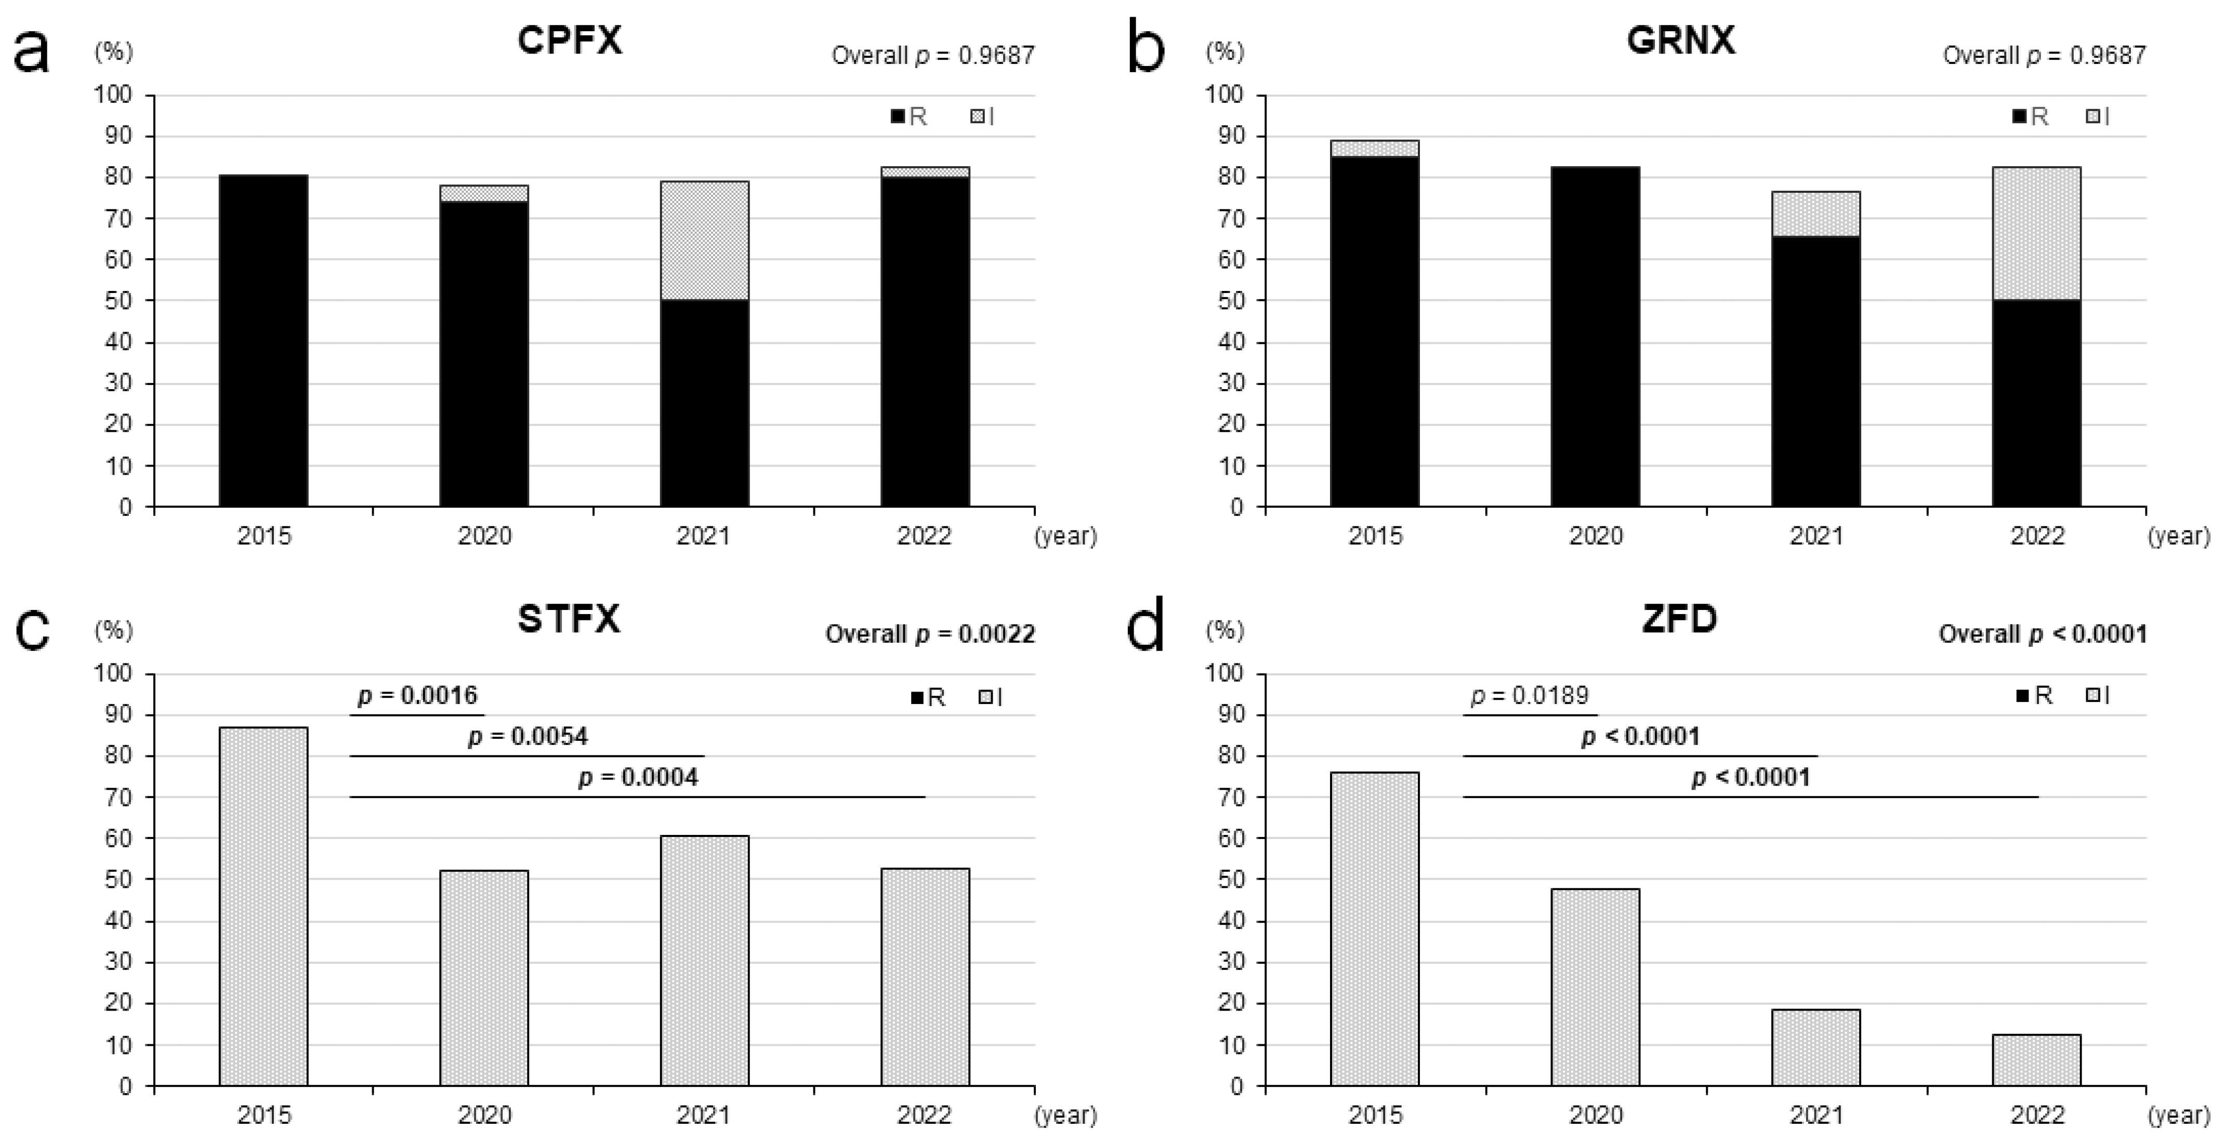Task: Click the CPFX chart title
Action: point(569,41)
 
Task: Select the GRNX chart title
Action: point(1680,41)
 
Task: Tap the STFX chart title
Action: point(569,619)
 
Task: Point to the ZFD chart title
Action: point(1679,619)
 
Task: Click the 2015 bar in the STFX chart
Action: point(264,907)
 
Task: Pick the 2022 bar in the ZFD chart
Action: point(2036,1060)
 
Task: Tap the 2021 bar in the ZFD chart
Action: point(1815,1047)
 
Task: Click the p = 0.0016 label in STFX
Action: point(417,696)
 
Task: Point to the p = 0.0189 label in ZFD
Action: point(1529,696)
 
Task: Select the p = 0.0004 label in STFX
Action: point(637,778)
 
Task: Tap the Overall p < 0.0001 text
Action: point(2042,634)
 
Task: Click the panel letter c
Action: point(33,630)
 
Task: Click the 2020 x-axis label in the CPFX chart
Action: point(484,536)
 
